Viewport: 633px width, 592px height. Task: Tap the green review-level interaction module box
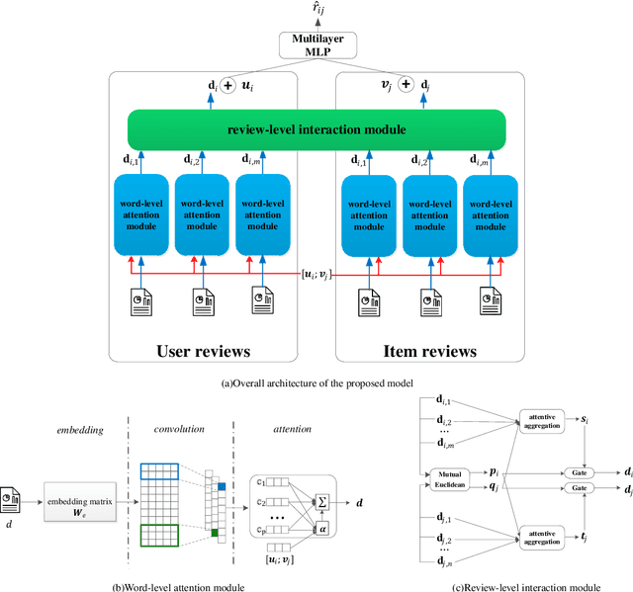click(316, 129)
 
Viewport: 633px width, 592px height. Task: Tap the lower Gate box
click(580, 489)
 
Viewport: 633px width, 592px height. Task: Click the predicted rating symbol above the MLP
click(316, 10)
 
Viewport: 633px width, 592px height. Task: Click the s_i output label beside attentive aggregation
click(588, 420)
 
